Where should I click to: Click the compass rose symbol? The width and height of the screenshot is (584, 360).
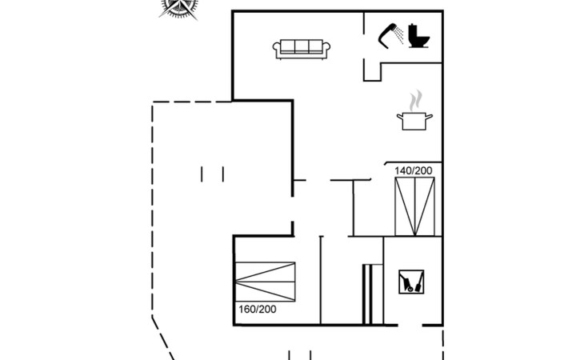(x=181, y=7)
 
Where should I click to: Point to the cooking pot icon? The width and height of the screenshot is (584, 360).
(x=414, y=121)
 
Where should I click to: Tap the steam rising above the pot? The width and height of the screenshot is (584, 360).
(x=414, y=102)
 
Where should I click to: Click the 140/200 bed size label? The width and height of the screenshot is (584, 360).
(x=413, y=170)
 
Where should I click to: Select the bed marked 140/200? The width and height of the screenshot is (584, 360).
(x=414, y=206)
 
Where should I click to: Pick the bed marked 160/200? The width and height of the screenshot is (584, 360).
(x=265, y=282)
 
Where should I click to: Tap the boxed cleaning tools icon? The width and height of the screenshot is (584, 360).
(x=411, y=282)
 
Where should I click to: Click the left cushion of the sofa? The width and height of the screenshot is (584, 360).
(x=287, y=47)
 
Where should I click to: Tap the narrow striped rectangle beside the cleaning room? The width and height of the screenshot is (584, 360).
(x=368, y=294)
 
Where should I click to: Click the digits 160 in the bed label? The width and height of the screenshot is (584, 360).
(x=246, y=309)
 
